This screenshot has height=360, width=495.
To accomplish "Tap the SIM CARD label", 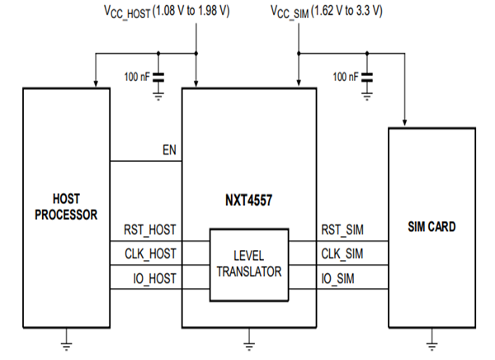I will [431, 226].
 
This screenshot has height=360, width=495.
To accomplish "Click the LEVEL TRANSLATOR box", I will [248, 263].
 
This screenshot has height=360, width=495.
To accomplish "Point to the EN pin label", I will [168, 151].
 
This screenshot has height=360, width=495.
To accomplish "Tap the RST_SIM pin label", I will [343, 230].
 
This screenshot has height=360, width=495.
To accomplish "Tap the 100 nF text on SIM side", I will [346, 76].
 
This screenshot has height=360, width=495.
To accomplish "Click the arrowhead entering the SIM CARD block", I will [404, 122].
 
